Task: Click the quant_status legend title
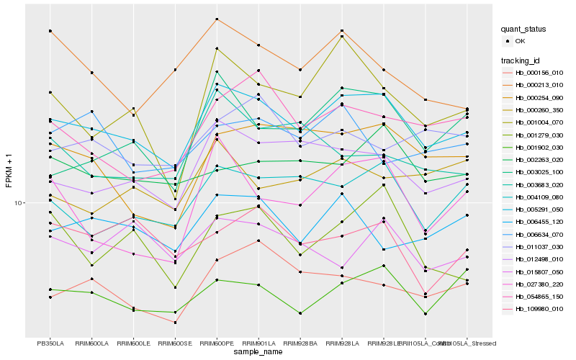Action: coord(523,29)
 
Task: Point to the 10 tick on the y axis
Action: coord(19,203)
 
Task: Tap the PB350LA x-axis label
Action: coord(50,343)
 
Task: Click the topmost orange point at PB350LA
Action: coord(50,31)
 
